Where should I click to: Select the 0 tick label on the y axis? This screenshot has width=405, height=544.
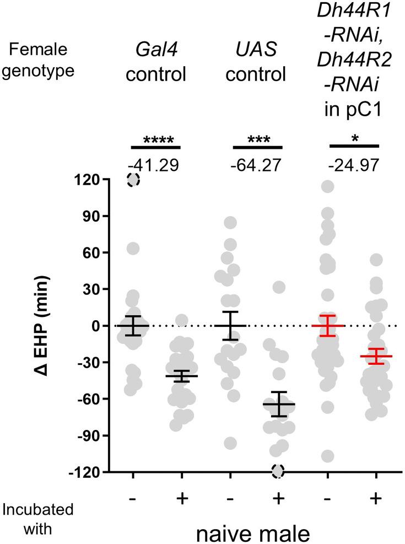tap(102, 326)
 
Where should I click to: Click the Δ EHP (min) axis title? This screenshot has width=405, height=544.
tap(59, 326)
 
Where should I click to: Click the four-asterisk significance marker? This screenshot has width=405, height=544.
tap(155, 140)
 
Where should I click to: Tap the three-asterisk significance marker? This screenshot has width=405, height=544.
tap(257, 140)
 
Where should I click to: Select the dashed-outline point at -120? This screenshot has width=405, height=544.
tap(278, 471)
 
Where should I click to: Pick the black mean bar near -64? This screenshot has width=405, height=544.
tap(278, 404)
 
